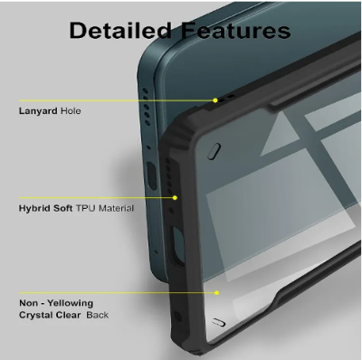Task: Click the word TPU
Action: tap(88, 208)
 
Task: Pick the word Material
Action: tap(118, 208)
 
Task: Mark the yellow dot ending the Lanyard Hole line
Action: tap(215, 99)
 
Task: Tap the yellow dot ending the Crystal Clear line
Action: tap(217, 292)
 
